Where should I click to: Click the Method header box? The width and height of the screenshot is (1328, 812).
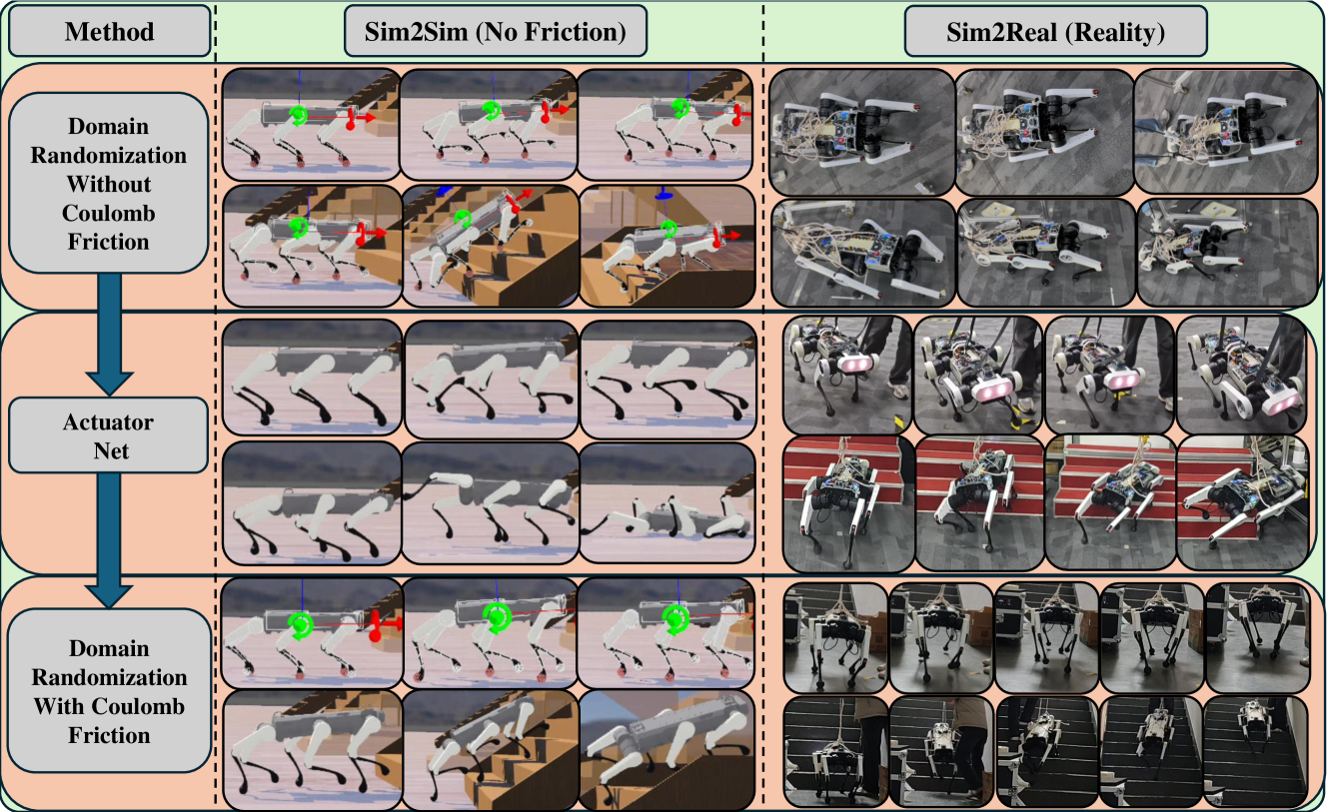pyautogui.click(x=110, y=31)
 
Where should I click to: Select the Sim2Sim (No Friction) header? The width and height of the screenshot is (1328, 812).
pyautogui.click(x=495, y=31)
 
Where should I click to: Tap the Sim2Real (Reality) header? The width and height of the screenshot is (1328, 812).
pyautogui.click(x=1055, y=31)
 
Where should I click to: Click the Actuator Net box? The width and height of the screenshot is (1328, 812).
pyautogui.click(x=109, y=435)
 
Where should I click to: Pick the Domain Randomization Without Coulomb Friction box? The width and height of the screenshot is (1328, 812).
pyautogui.click(x=109, y=183)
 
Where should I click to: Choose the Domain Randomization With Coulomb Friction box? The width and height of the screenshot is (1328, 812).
pyautogui.click(x=109, y=690)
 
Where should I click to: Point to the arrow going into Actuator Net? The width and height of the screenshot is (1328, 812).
pyautogui.click(x=109, y=335)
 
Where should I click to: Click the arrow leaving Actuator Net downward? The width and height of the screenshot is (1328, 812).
pyautogui.click(x=109, y=540)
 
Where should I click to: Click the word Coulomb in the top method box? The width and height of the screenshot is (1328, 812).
pyautogui.click(x=109, y=213)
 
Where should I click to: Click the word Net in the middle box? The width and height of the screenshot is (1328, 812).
pyautogui.click(x=111, y=451)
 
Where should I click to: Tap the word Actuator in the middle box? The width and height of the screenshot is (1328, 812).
pyautogui.click(x=109, y=422)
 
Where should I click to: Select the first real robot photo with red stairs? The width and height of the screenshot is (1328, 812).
pyautogui.click(x=847, y=503)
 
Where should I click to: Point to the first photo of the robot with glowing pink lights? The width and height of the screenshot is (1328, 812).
pyautogui.click(x=847, y=375)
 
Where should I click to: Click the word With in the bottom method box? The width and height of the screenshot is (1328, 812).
pyautogui.click(x=59, y=706)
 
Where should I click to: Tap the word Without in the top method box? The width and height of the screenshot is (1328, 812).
pyautogui.click(x=109, y=184)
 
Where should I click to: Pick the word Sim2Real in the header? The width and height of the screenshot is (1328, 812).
pyautogui.click(x=1001, y=32)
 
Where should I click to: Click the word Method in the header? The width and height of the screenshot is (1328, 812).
pyautogui.click(x=110, y=31)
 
